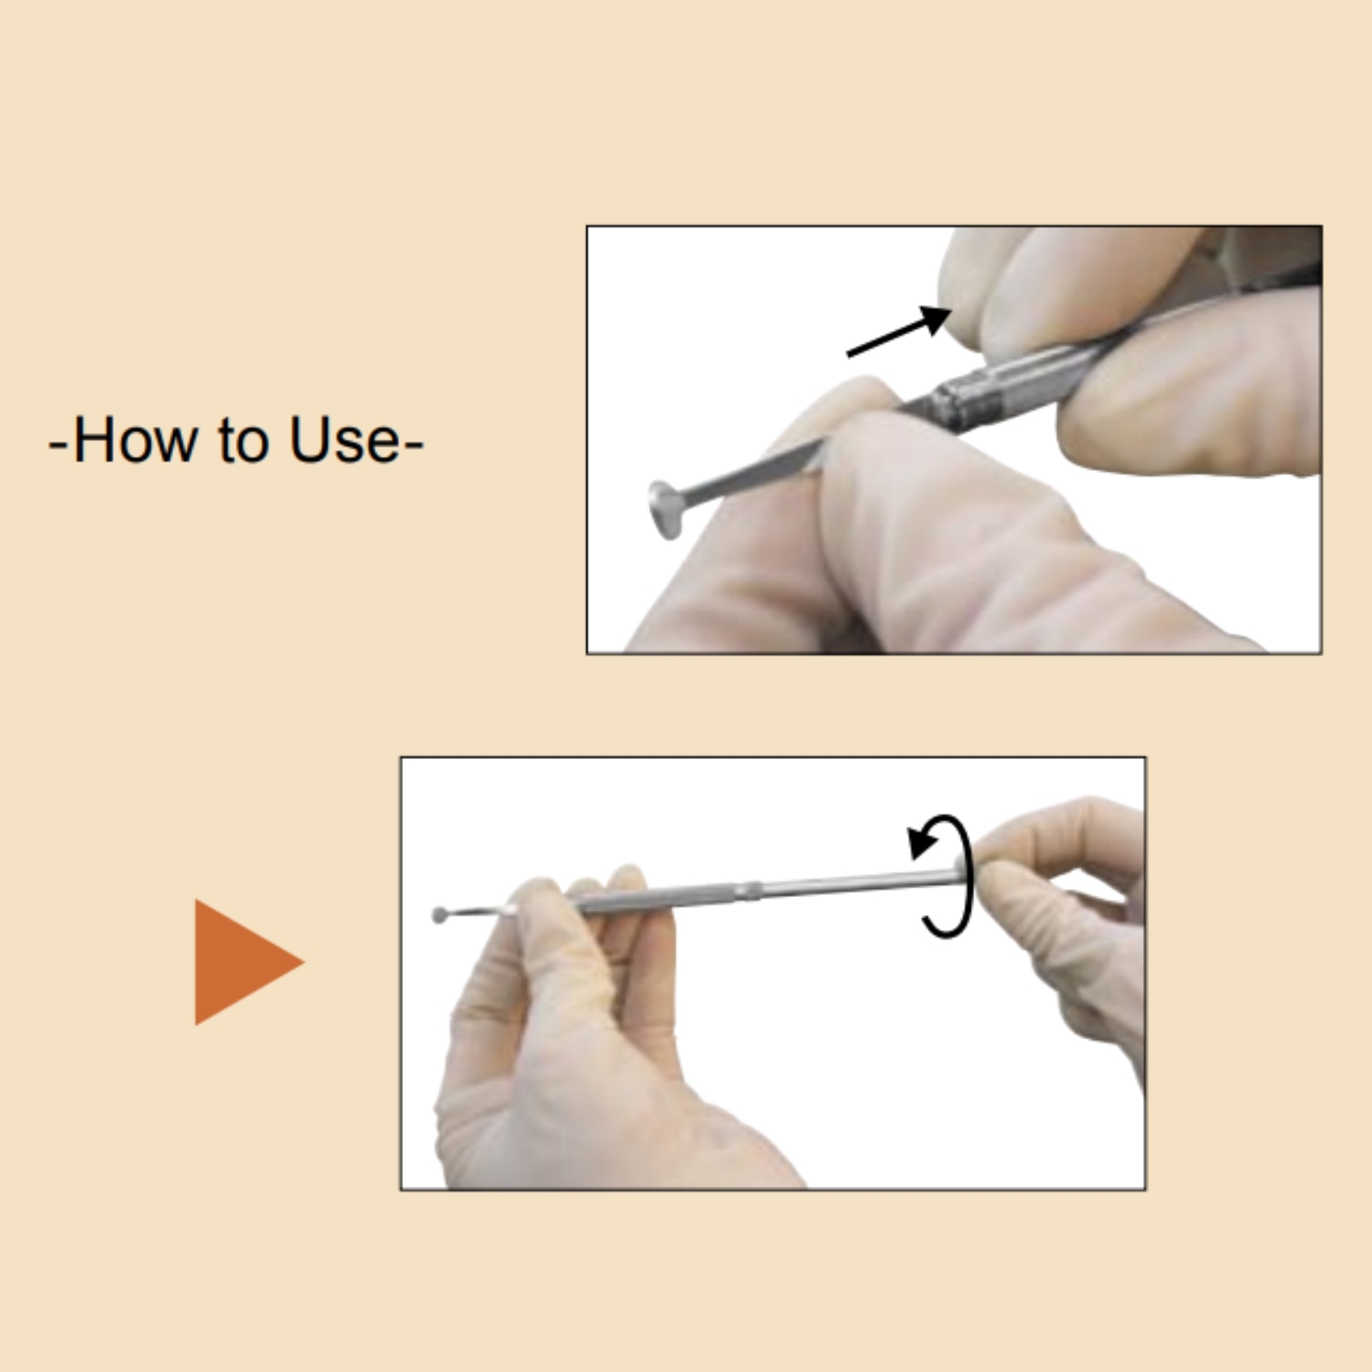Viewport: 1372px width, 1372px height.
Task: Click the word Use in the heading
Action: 344,439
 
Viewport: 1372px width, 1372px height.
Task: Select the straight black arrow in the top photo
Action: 899,331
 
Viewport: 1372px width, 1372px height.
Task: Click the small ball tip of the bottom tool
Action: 440,915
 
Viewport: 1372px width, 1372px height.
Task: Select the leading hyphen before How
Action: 58,444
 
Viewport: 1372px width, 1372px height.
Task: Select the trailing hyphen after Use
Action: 413,444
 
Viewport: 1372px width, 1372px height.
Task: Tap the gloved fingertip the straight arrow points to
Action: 969,283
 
